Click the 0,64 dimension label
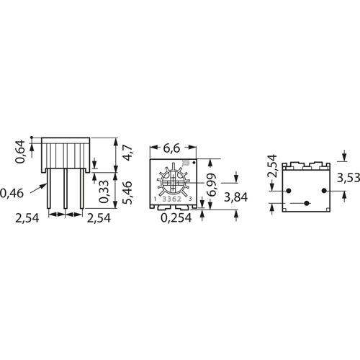coord(20,152)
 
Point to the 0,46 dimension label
coord(12,194)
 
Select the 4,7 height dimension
coord(127,153)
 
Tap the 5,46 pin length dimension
coord(127,193)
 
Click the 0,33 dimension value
coord(104,192)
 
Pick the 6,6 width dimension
coord(171,148)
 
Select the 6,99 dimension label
coord(212,185)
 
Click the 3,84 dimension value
coord(236,197)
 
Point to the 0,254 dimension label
coord(176,218)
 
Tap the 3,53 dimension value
coord(348,178)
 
